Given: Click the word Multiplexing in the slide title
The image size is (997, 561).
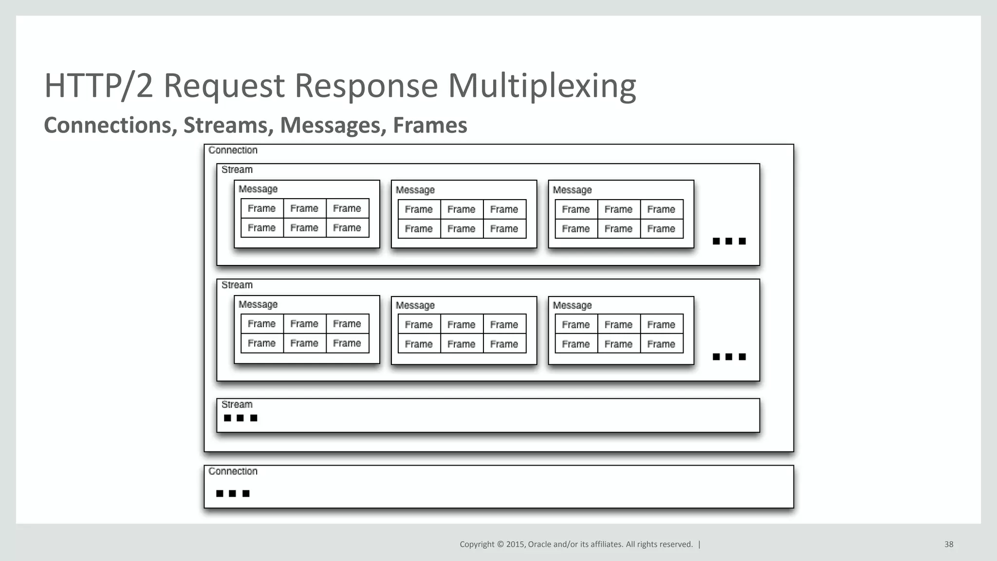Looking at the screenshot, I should click(541, 86).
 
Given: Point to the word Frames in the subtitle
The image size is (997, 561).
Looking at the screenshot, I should click(430, 125).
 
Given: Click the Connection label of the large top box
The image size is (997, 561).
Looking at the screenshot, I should click(233, 150).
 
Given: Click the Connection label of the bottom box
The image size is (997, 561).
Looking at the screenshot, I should click(233, 471).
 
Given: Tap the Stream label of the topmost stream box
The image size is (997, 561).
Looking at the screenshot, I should click(237, 170).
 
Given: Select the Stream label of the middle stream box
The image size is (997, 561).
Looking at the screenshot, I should click(237, 285).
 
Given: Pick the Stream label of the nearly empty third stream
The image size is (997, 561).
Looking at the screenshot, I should click(237, 405).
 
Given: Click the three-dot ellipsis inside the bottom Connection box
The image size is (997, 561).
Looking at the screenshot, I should click(233, 494).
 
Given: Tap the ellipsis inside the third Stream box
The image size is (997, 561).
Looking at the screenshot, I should click(240, 418).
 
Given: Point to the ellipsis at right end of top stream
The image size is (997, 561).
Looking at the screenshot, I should click(729, 242).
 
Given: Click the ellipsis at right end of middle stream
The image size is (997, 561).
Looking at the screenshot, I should click(729, 357).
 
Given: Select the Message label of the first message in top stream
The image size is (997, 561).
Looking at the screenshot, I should click(258, 189).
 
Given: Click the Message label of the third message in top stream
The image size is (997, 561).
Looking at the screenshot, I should click(572, 190).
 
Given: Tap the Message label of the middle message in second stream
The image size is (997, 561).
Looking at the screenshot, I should click(415, 306).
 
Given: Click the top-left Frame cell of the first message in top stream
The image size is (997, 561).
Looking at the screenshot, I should click(262, 209).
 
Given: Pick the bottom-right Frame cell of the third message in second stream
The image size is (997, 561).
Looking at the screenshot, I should click(661, 344).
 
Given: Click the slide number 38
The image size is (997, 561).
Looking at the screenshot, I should click(948, 544).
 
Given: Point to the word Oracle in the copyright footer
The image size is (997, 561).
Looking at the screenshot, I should click(539, 544).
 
